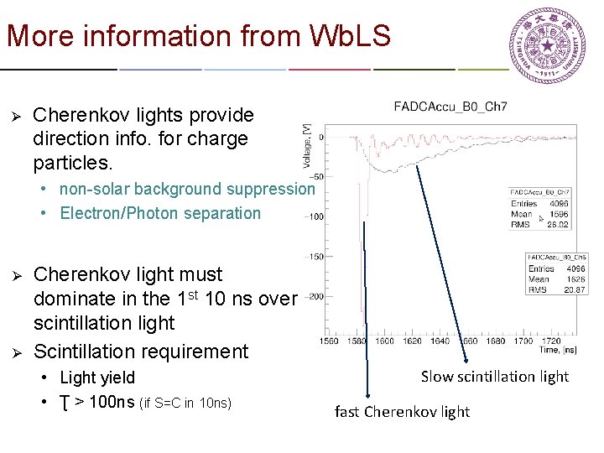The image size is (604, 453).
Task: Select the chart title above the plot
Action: pyautogui.click(x=450, y=107)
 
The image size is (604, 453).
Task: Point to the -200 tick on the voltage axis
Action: pyautogui.click(x=313, y=297)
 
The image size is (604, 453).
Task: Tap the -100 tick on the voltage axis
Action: pyautogui.click(x=313, y=216)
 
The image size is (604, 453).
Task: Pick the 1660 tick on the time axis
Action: pyautogui.click(x=469, y=341)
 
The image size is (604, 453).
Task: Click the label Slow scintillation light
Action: pyautogui.click(x=494, y=377)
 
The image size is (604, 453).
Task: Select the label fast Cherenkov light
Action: pyautogui.click(x=402, y=411)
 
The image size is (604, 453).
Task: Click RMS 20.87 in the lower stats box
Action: pyautogui.click(x=557, y=289)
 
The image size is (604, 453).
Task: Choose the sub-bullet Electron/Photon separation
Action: pyautogui.click(x=160, y=213)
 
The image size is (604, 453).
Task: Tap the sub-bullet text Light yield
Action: pyautogui.click(x=97, y=377)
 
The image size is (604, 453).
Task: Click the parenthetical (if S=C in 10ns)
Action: pyautogui.click(x=192, y=402)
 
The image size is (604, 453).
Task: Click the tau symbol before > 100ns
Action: pyautogui.click(x=65, y=403)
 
